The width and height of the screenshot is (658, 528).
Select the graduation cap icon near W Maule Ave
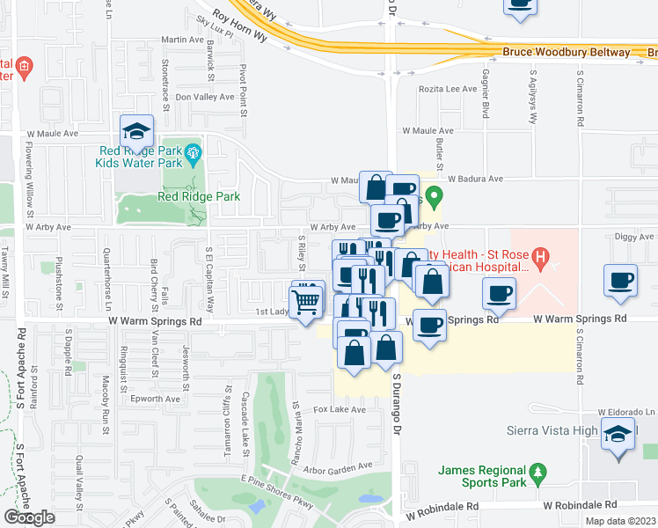point(136,132)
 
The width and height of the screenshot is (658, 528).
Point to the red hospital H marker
point(541,259)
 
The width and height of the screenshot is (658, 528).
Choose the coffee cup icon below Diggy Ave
point(621,281)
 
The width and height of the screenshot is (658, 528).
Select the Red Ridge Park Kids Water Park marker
point(194,155)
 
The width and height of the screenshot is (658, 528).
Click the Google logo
point(28,517)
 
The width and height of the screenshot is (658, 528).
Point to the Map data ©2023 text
point(621,521)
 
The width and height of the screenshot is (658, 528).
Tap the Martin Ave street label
point(183,40)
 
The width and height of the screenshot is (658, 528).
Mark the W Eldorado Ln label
point(626,412)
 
